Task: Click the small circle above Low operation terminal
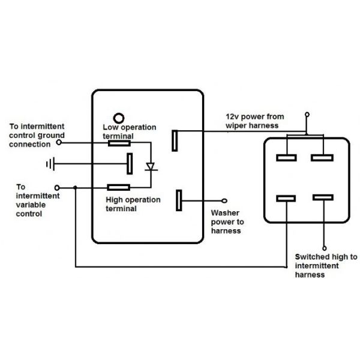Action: pos(119,118)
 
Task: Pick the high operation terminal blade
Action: pos(118,187)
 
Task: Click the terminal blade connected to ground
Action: pos(129,163)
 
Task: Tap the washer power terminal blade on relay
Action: pos(178,200)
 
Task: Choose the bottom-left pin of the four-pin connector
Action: pos(286,199)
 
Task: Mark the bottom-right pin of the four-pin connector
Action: pos(323,197)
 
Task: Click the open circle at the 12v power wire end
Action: pos(307,114)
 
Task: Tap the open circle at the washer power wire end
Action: pos(225,201)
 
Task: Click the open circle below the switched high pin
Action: pos(324,247)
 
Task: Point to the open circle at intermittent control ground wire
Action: pos(59,142)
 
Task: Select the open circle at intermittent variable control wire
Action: pos(58,187)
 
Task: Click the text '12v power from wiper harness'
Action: pos(251,121)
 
